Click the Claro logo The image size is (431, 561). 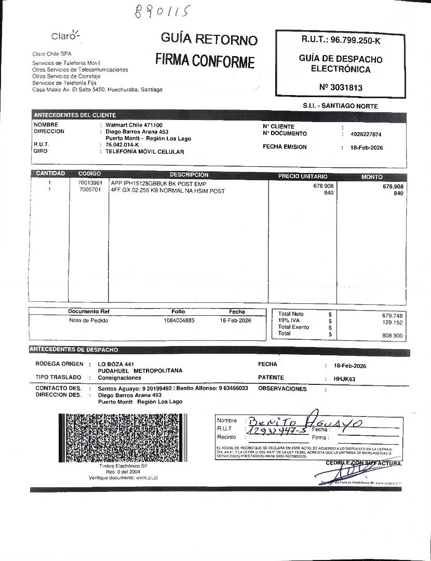tap(65, 35)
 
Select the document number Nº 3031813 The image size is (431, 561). tap(341, 87)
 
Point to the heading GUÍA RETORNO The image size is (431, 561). tap(209, 39)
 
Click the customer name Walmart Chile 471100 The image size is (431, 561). tap(134, 125)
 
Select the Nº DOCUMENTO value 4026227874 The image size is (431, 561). tap(366, 134)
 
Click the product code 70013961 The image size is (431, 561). tap(90, 184)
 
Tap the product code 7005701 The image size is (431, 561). tap(90, 191)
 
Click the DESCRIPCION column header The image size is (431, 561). tap(189, 175)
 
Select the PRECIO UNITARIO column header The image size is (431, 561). tap(303, 177)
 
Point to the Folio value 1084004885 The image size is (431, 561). tap(179, 320)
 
